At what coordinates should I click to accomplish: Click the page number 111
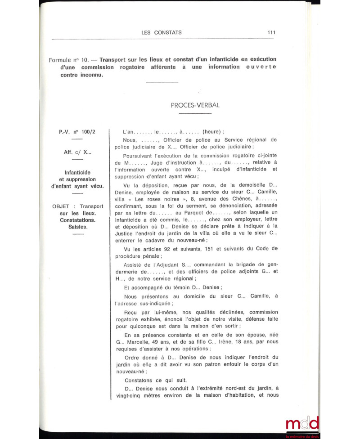[271, 32]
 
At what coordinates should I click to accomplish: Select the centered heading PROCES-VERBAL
[195, 105]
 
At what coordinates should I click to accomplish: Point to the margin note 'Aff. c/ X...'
[77, 152]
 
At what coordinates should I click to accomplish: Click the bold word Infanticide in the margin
[77, 172]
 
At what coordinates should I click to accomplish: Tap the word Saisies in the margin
[77, 227]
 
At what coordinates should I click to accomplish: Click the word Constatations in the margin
[77, 220]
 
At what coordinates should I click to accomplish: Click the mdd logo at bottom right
[302, 424]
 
